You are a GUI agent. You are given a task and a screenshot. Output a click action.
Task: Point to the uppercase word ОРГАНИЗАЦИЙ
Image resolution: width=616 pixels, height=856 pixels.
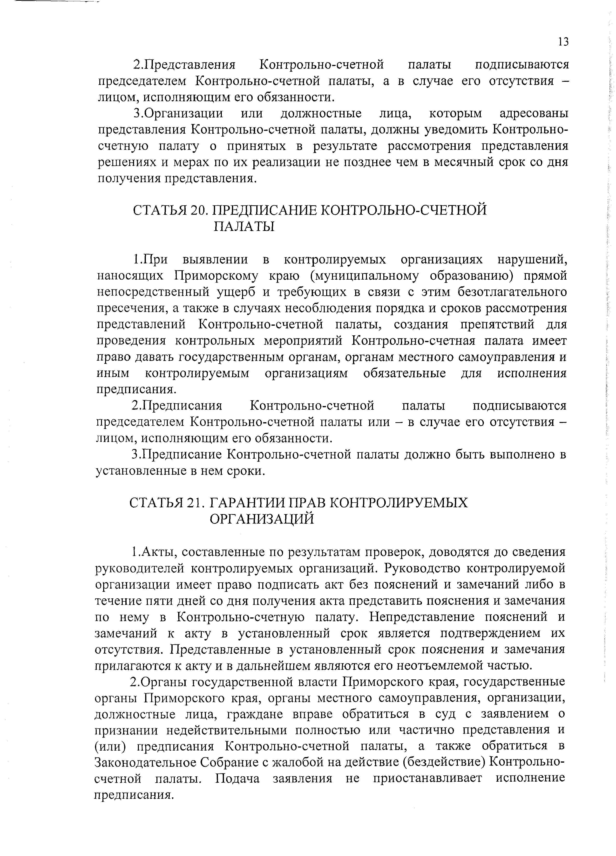tap(261, 519)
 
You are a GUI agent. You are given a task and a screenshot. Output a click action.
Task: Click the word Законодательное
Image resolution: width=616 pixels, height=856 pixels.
tap(145, 763)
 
